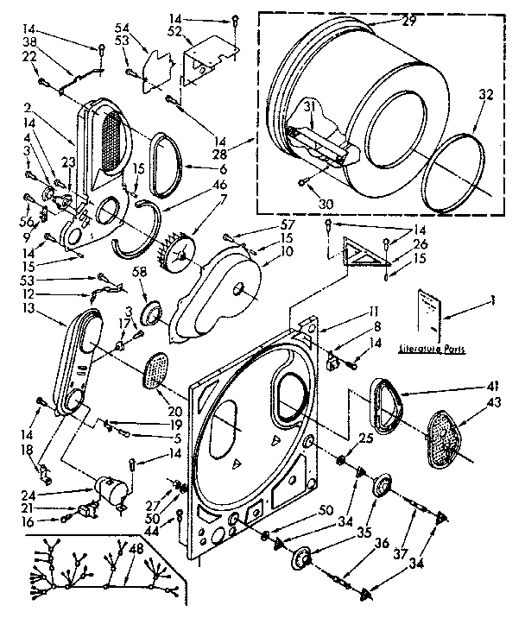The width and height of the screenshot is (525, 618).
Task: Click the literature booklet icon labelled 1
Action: [429, 312]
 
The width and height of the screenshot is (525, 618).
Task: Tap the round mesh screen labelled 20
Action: [155, 369]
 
